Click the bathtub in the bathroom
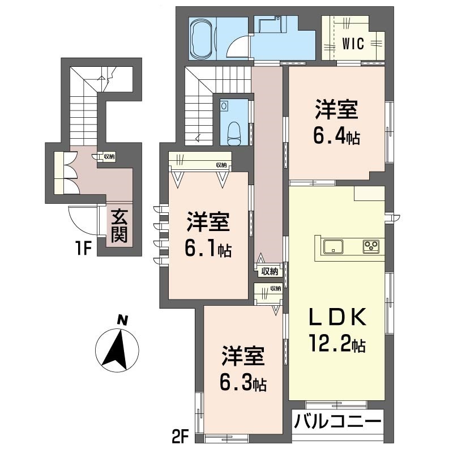[200, 38]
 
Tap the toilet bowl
[234, 131]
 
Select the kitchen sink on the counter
[332, 246]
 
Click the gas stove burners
[371, 246]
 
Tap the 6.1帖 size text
[208, 250]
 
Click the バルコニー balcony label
[337, 423]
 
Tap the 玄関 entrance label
[118, 226]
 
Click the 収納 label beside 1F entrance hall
[109, 156]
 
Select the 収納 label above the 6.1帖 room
[221, 165]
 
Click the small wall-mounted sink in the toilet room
[225, 105]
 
